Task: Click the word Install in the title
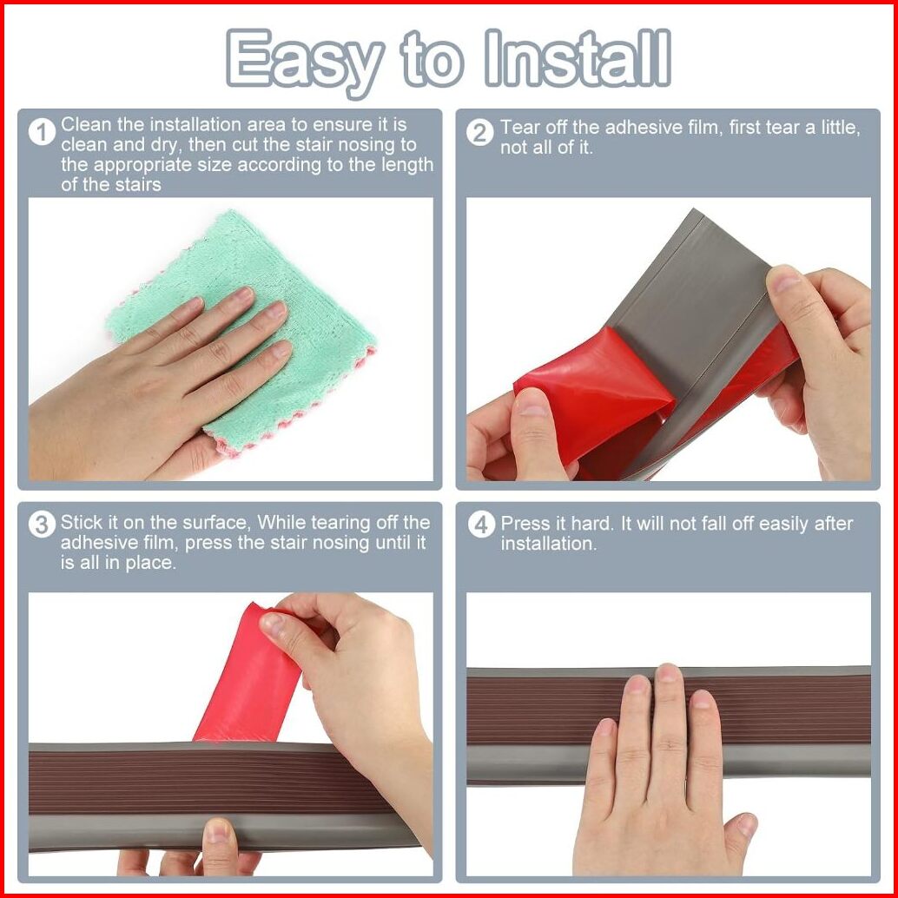(578, 57)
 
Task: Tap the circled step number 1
(42, 132)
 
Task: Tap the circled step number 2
(480, 133)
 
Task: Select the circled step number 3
(42, 525)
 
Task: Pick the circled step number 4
(480, 525)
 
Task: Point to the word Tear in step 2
(519, 127)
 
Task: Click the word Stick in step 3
(80, 522)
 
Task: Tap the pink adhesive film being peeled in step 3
(250, 673)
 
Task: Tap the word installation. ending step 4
(549, 544)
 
